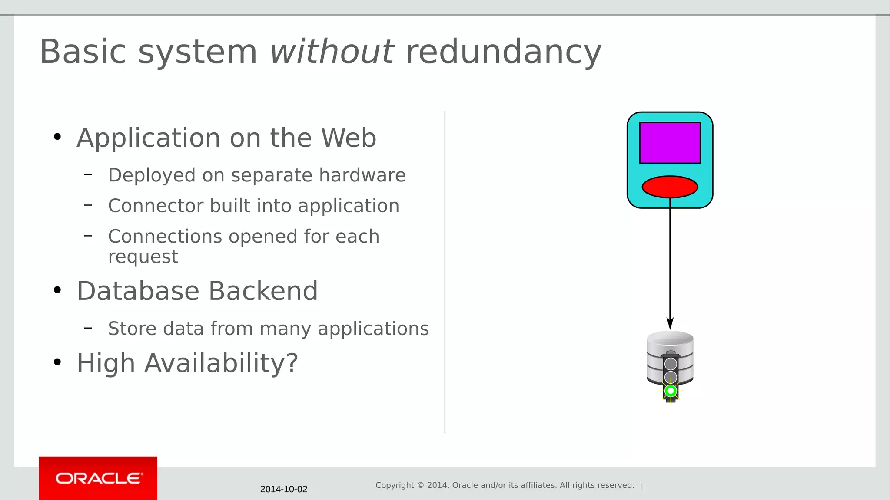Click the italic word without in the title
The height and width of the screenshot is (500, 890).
pyautogui.click(x=332, y=52)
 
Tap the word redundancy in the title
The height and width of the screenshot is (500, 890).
pyautogui.click(x=503, y=52)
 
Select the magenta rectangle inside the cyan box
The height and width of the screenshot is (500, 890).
pyautogui.click(x=670, y=143)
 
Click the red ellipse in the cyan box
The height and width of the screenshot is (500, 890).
pyautogui.click(x=670, y=187)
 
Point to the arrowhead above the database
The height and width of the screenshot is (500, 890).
pyautogui.click(x=670, y=323)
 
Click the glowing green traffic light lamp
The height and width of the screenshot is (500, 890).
pyautogui.click(x=671, y=391)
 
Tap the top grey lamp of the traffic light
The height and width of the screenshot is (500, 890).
pyautogui.click(x=671, y=364)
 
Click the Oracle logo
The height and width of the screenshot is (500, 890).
pyautogui.click(x=98, y=478)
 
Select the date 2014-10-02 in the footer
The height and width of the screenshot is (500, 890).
pyautogui.click(x=283, y=489)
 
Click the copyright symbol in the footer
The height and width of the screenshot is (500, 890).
pyautogui.click(x=420, y=485)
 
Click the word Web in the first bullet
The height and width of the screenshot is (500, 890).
pyautogui.click(x=349, y=138)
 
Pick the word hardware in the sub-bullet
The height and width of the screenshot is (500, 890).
pyautogui.click(x=362, y=175)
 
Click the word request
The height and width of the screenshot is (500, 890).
pyautogui.click(x=143, y=257)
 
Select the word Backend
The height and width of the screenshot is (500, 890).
pyautogui.click(x=263, y=291)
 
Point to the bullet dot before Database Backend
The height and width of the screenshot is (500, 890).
pyautogui.click(x=57, y=290)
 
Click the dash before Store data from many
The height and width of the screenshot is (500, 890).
pyautogui.click(x=88, y=328)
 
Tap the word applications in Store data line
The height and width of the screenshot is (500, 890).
pyautogui.click(x=373, y=329)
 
